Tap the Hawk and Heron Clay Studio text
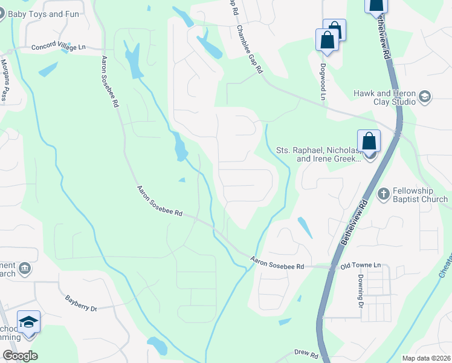385,97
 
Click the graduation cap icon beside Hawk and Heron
425,97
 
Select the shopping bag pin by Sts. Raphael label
369,142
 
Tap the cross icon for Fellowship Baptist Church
383,194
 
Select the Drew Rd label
306,352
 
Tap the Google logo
21,356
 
